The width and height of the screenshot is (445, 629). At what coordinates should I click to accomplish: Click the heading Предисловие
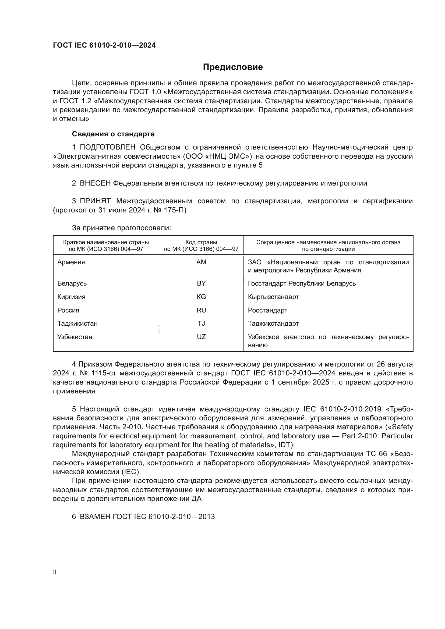233,67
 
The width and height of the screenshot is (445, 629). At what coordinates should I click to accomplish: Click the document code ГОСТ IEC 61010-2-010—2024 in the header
104,45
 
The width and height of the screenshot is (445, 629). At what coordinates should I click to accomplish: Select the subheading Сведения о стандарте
113,134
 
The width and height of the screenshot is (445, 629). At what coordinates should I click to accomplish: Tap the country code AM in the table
201,262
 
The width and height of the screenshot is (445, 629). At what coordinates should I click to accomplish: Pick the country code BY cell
201,283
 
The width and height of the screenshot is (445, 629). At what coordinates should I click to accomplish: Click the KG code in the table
201,297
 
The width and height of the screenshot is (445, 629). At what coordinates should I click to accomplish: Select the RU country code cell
201,310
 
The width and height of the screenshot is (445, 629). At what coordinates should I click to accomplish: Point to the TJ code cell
201,323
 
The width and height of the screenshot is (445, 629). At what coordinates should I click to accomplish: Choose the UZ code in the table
201,337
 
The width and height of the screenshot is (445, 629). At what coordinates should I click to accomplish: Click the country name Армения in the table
71,262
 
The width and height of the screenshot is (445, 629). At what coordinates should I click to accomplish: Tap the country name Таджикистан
77,323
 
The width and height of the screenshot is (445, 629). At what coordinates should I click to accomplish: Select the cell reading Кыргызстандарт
273,297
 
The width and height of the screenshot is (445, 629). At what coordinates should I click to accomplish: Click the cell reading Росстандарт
267,310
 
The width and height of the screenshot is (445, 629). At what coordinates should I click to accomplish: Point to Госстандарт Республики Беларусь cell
302,283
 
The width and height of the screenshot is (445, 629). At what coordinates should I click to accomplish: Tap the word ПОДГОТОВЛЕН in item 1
107,147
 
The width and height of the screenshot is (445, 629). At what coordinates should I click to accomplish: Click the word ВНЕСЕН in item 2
95,183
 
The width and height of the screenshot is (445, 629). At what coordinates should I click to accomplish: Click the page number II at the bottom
55,572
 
